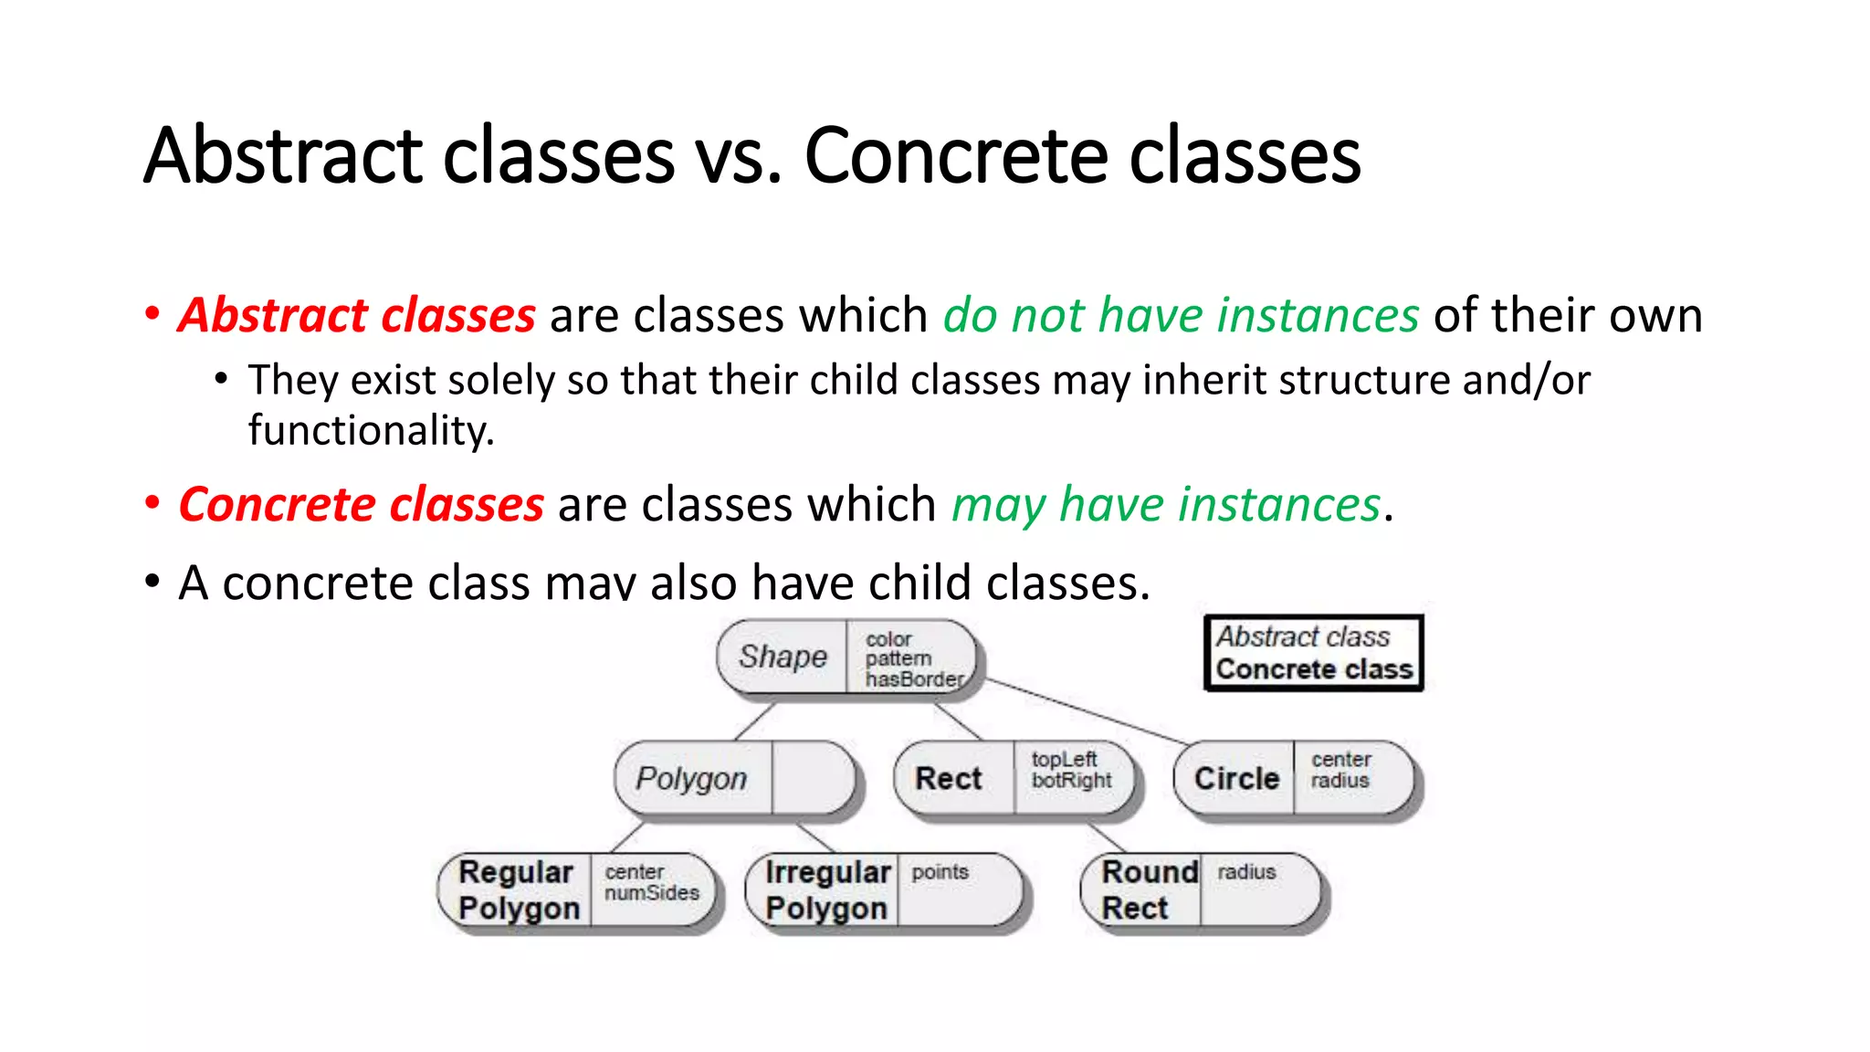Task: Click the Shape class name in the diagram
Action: [x=783, y=657]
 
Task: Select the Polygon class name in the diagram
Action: [x=691, y=779]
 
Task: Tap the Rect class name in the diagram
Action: [x=948, y=779]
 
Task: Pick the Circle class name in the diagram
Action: [x=1236, y=779]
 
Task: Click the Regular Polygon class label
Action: [x=518, y=890]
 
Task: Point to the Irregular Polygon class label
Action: [x=827, y=890]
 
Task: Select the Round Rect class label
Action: [x=1148, y=890]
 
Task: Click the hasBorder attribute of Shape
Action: [x=914, y=679]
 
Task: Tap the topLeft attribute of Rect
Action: [x=1064, y=760]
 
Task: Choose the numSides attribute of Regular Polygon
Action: [x=652, y=893]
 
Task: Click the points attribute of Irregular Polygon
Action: [x=940, y=872]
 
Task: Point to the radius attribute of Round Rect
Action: [x=1246, y=872]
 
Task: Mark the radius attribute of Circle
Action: [x=1339, y=781]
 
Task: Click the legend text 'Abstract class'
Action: [x=1303, y=636]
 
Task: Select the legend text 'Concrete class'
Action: [x=1314, y=669]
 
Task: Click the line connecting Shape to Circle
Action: [x=1087, y=710]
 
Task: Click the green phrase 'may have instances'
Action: [x=1166, y=505]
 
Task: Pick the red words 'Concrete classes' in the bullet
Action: [x=361, y=505]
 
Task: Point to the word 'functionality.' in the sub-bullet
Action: [x=371, y=430]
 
